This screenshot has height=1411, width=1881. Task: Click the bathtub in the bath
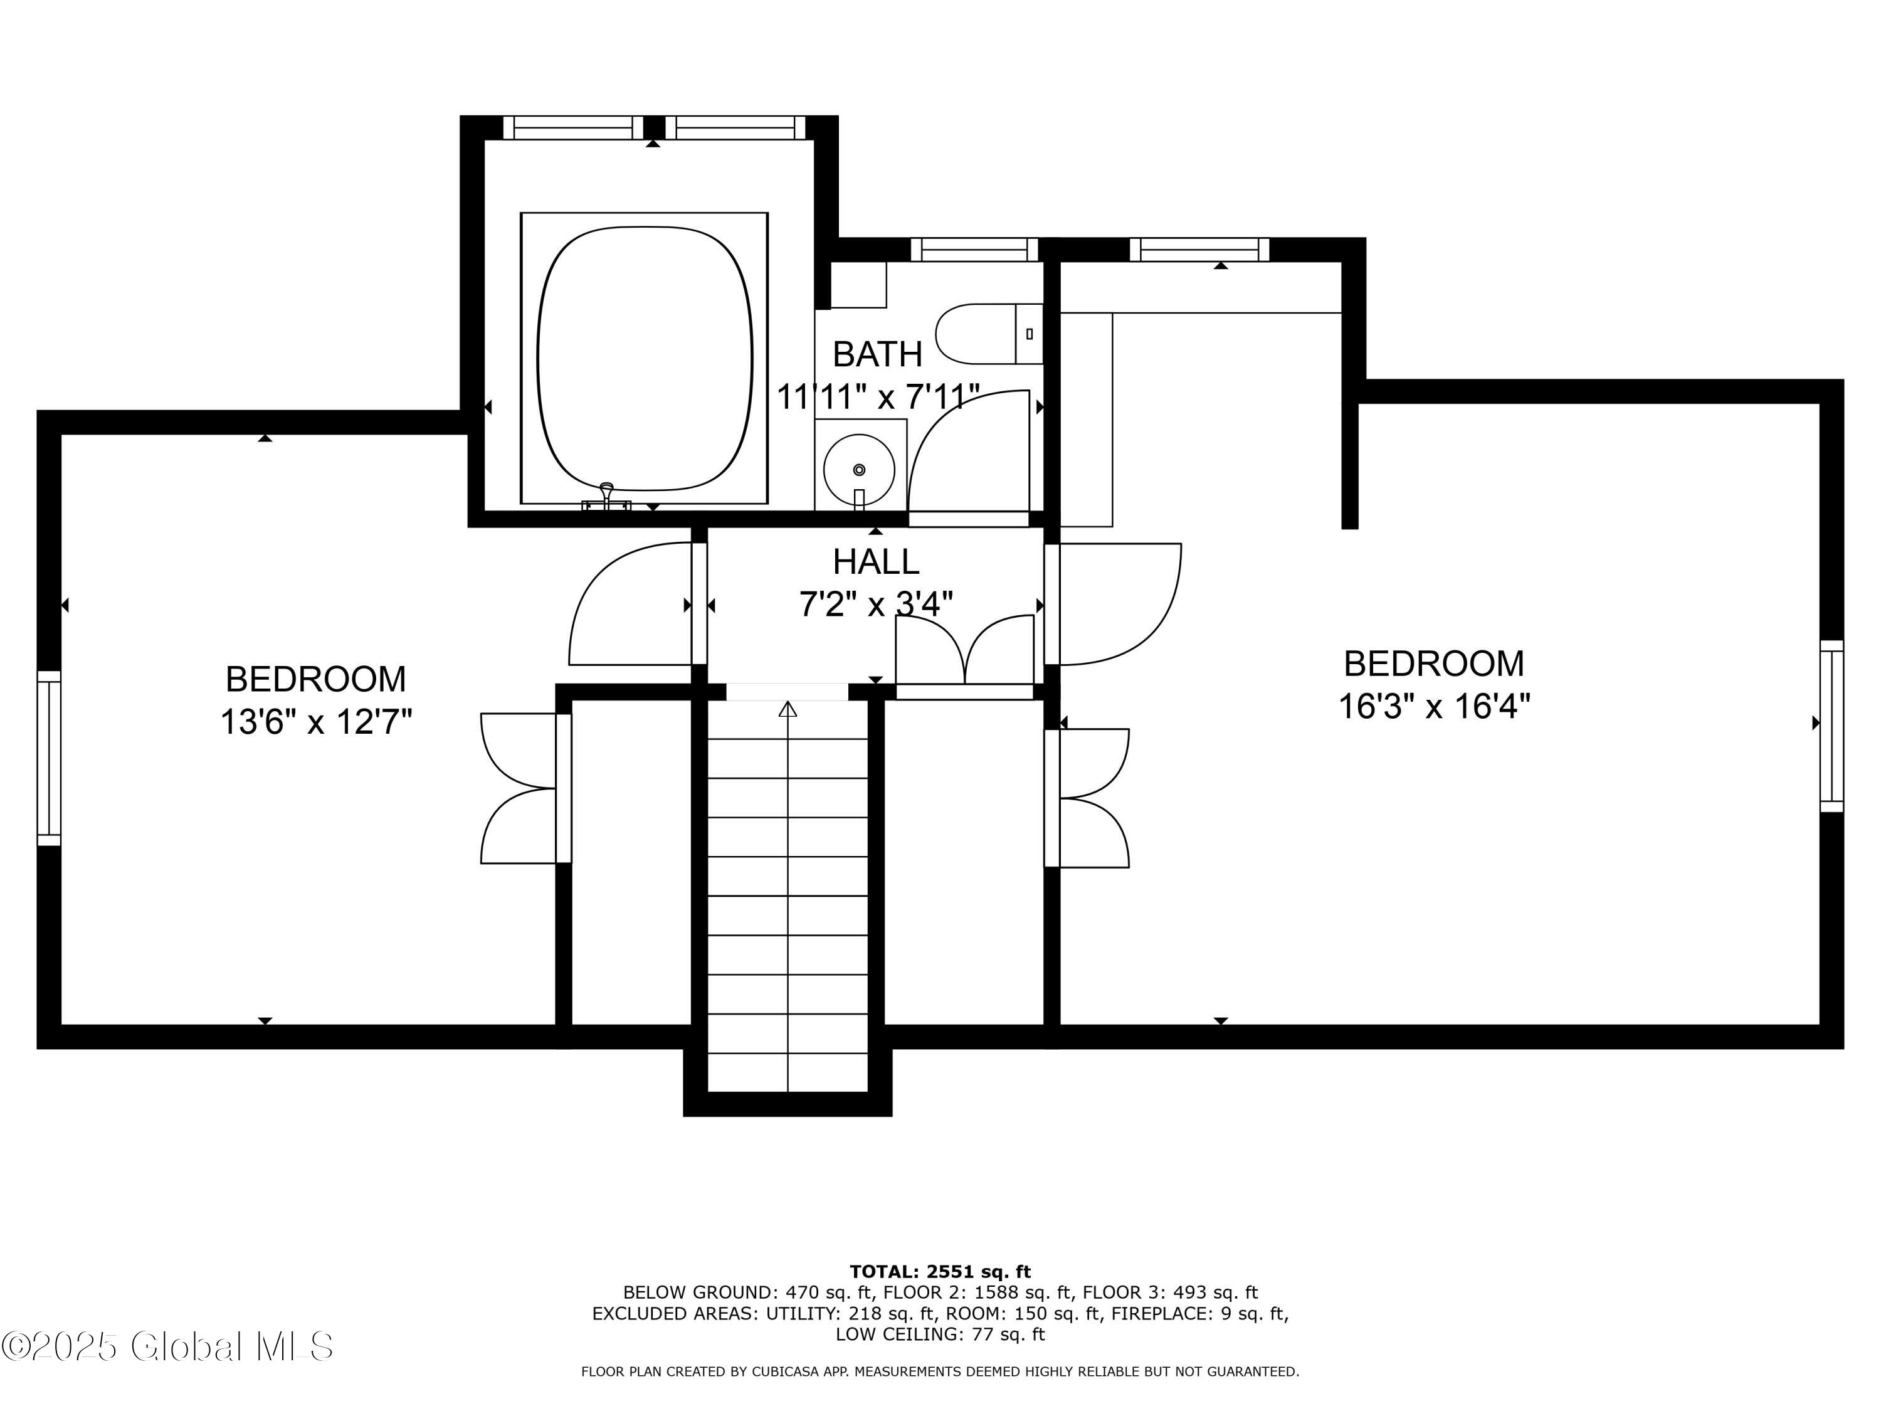[645, 358]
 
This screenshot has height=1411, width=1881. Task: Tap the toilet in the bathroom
[986, 334]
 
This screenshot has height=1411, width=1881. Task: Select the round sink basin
[859, 470]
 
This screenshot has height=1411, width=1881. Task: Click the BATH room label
[877, 354]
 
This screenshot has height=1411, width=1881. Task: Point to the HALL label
[875, 561]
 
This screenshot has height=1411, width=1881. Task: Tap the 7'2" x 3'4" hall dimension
[875, 604]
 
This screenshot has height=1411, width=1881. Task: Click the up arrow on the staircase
[788, 709]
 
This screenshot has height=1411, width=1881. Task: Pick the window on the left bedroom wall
[50, 758]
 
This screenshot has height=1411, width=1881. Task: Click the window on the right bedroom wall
[1831, 726]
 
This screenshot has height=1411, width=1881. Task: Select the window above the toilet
[974, 249]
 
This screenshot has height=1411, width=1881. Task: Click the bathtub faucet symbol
[606, 497]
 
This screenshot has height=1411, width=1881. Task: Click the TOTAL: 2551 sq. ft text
[940, 1272]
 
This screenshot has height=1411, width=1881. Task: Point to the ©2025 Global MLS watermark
[167, 1346]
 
